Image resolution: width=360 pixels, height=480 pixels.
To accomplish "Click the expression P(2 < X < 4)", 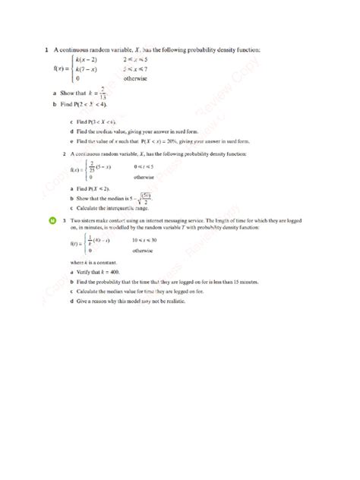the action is click(90, 104).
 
